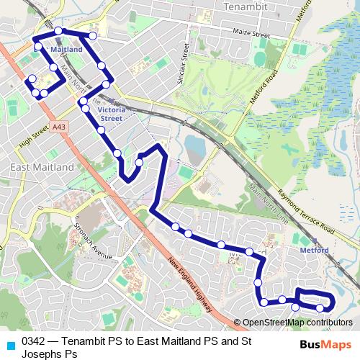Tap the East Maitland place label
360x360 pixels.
tap(42, 167)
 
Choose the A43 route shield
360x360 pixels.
tap(60, 127)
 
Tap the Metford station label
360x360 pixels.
tap(315, 251)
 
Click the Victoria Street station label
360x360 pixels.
tap(111, 114)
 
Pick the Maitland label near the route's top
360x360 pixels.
tap(67, 50)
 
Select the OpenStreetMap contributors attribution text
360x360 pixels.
tap(297, 322)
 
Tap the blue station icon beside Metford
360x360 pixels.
tap(293, 251)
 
